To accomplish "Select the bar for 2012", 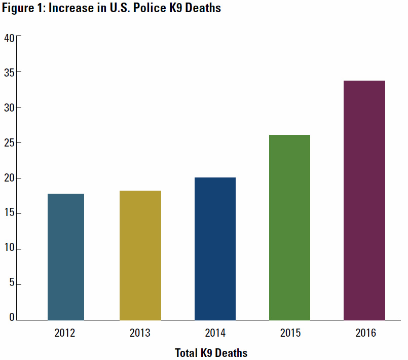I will (66, 257).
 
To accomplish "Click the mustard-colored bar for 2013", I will (140, 255).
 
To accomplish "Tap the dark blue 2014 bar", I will (215, 248).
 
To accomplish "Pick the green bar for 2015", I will (289, 227).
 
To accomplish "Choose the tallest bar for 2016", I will (364, 200).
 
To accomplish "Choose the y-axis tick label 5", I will (12, 285).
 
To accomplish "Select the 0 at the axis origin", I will (12, 318).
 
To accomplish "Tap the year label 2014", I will (215, 334).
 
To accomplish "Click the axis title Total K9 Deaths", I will (211, 352).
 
